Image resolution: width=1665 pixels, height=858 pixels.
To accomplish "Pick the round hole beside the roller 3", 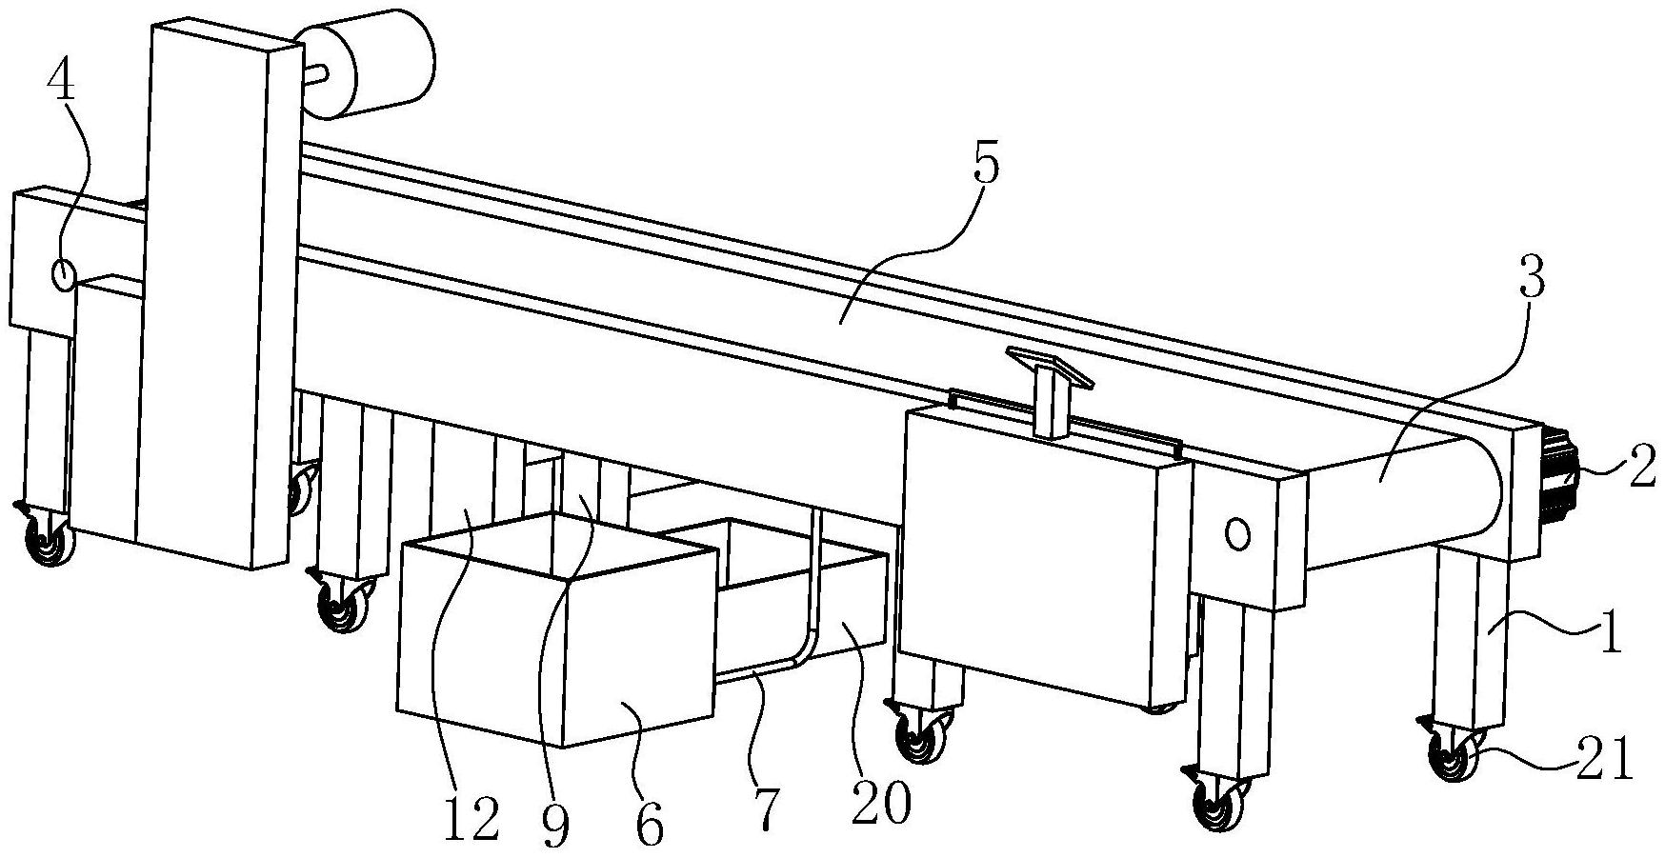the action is (x=1237, y=534).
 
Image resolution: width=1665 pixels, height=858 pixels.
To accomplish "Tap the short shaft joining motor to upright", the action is (x=315, y=72).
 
